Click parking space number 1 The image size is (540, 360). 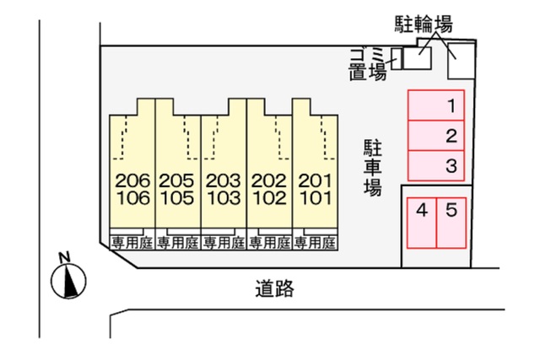pos(436,105)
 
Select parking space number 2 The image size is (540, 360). pos(436,136)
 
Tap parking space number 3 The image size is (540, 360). pos(436,165)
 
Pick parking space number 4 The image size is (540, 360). pos(422,223)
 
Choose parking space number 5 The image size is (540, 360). pos(451,223)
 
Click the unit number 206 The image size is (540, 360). pos(133,180)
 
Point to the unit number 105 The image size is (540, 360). pos(177,198)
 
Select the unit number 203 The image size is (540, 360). pos(223,180)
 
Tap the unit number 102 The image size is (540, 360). pos(269,198)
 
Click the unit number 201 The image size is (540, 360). pos(315,180)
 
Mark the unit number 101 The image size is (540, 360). pos(316,198)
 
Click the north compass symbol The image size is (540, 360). pos(68,281)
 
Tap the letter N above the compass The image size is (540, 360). pos(64,257)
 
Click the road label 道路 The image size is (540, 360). pos(274,288)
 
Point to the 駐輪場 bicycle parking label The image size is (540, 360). pos(424,24)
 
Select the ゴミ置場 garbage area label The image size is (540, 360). pos(367,64)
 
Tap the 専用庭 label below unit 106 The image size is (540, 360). pos(132,244)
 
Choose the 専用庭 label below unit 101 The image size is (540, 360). pos(315,244)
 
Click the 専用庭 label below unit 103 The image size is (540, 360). pos(224,244)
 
